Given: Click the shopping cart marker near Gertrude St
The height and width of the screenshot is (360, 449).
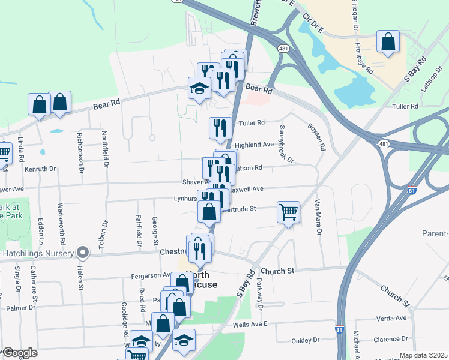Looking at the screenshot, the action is point(288,212).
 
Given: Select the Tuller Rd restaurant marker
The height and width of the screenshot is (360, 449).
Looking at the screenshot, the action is point(220,128).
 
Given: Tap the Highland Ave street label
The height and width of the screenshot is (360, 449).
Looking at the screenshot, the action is point(254,145).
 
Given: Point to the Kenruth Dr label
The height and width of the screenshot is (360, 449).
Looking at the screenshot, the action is point(40,169).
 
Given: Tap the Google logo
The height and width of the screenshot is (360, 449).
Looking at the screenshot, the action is point(20,353).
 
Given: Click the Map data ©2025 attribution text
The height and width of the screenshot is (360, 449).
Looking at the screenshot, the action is point(423,355).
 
